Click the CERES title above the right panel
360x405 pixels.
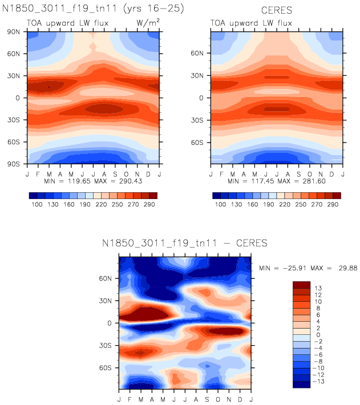(277, 10)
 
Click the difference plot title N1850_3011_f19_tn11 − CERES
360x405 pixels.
(184, 244)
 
